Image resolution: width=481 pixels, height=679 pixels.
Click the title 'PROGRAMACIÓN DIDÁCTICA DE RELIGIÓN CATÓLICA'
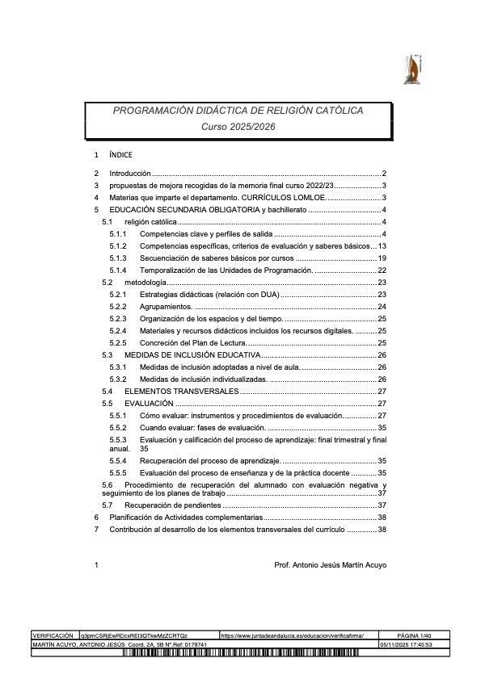point(238,110)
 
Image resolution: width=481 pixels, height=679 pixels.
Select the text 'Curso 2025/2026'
point(238,126)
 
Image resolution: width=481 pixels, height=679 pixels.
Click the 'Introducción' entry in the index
point(130,174)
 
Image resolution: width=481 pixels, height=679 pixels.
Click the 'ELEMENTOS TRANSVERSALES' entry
point(181,391)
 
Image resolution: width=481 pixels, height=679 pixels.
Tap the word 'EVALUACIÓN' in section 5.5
point(149,403)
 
